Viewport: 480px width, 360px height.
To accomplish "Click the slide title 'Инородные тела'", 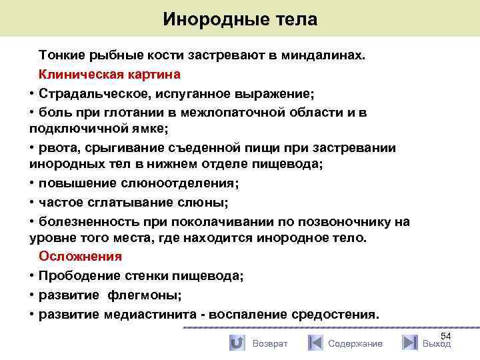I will pyautogui.click(x=240, y=19).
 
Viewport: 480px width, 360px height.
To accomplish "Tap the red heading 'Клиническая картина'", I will pyautogui.click(x=109, y=74).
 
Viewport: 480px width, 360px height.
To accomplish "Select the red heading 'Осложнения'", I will pyautogui.click(x=80, y=256).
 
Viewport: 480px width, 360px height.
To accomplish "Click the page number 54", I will pyautogui.click(x=446, y=335).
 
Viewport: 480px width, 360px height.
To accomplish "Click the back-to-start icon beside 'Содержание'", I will pyautogui.click(x=315, y=343).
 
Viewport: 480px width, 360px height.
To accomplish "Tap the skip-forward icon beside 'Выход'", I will pyautogui.click(x=409, y=343).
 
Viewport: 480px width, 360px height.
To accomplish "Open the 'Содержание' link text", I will pyautogui.click(x=355, y=343).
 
